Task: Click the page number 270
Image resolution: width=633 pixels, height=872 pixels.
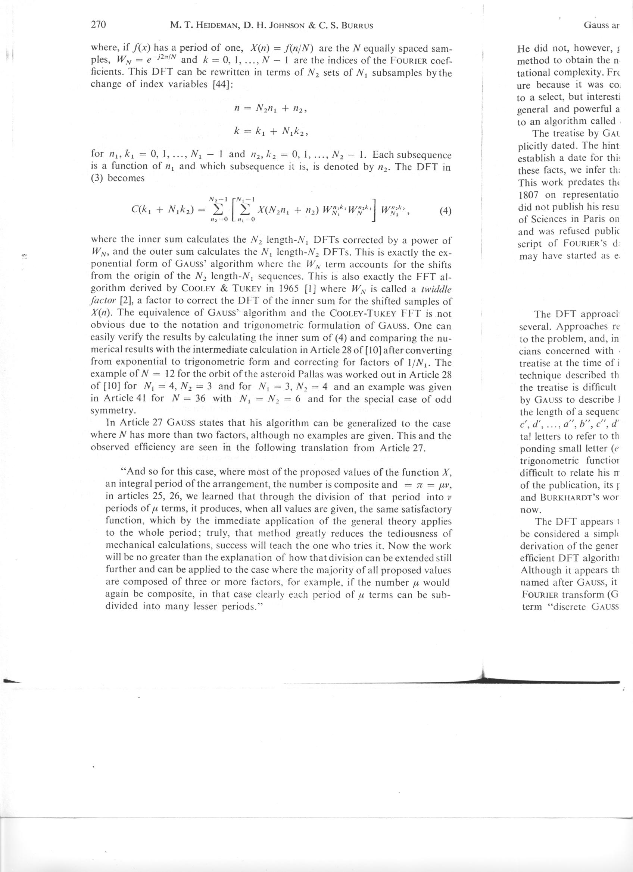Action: [98, 25]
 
